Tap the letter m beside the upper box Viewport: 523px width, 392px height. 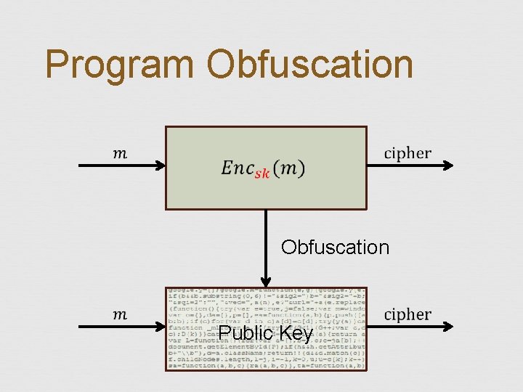(x=119, y=152)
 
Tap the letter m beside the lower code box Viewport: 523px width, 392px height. (x=119, y=314)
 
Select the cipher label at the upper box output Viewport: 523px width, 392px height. (x=407, y=154)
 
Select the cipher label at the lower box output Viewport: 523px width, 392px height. (x=407, y=314)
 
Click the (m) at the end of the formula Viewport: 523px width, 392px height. (x=291, y=168)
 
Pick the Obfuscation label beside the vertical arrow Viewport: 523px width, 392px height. (x=335, y=247)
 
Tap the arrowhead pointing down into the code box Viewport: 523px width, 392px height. (x=266, y=281)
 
